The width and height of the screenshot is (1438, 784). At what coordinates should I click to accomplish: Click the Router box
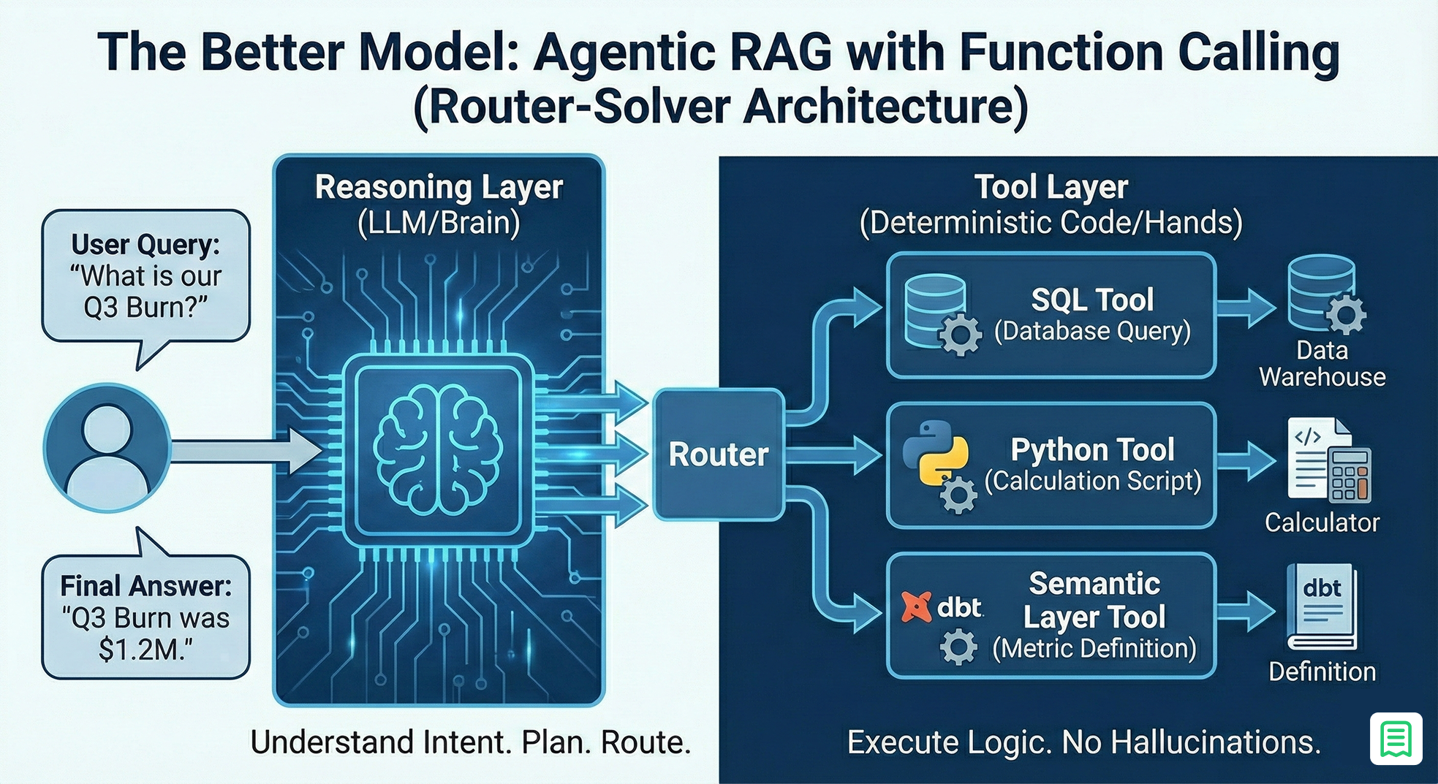point(718,454)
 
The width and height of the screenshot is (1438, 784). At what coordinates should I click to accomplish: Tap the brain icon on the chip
point(438,449)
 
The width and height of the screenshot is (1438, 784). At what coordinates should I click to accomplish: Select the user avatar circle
point(107,447)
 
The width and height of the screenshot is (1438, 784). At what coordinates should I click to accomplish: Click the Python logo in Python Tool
point(934,452)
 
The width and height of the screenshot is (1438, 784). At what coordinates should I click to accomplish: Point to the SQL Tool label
point(1092,300)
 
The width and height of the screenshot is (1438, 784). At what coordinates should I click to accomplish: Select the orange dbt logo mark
point(916,606)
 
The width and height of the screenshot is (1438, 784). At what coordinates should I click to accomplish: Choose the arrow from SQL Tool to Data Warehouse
point(1246,307)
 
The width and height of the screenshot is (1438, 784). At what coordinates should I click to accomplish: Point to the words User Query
point(145,244)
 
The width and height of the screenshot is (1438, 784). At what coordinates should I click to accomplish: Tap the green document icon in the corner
point(1396,739)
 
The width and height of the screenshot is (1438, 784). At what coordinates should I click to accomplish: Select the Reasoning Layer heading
point(439,187)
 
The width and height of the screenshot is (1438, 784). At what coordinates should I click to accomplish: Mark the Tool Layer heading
point(1051,187)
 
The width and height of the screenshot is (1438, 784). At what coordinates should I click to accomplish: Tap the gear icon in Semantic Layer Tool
point(958,647)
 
